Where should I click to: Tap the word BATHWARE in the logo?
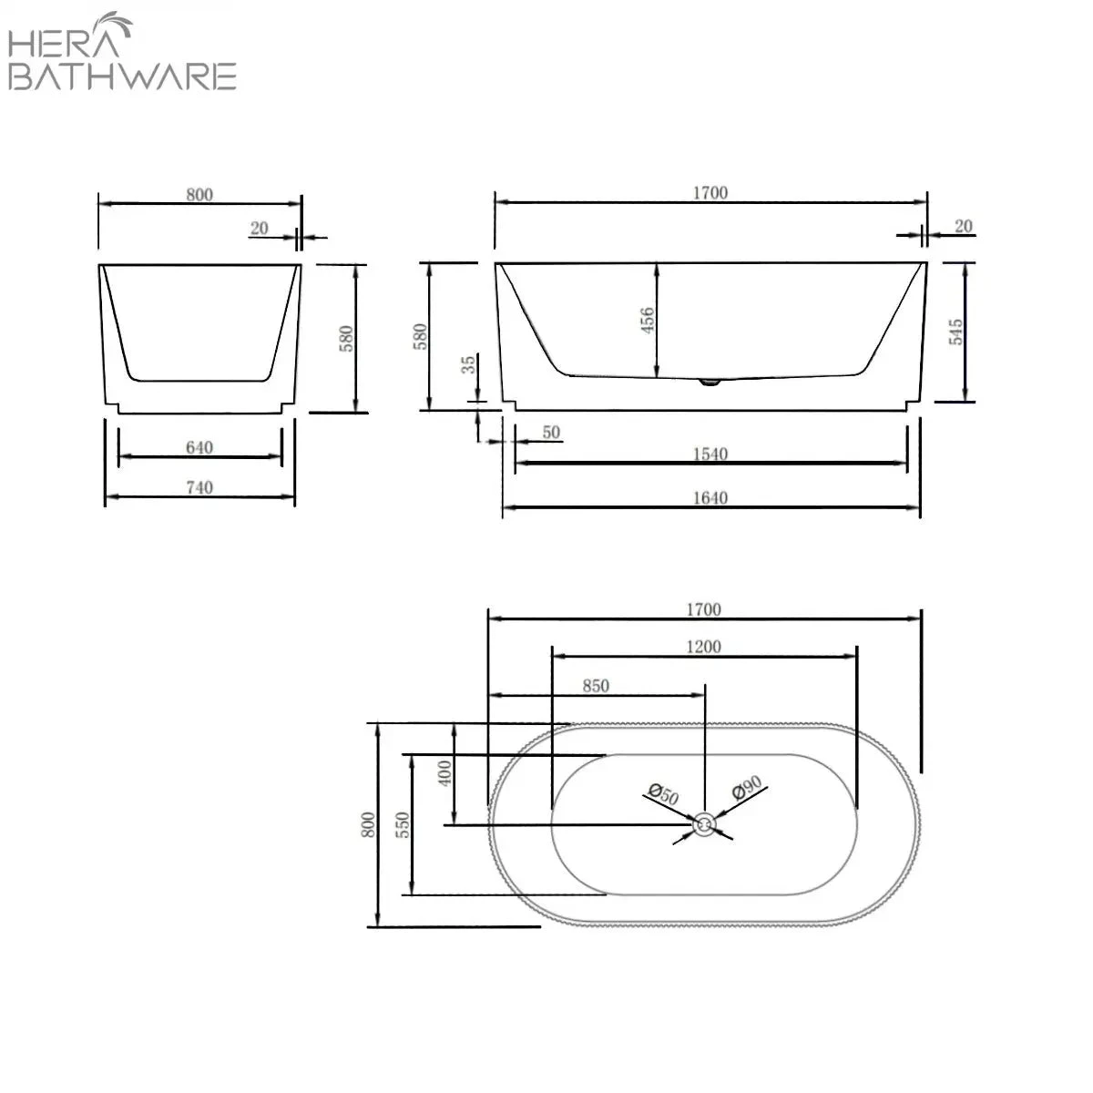[x=123, y=76]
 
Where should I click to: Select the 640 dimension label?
[x=199, y=447]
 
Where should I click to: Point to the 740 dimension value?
[x=199, y=488]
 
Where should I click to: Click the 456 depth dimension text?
[x=648, y=320]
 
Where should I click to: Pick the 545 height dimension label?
[x=955, y=332]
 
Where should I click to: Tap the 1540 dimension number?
[x=710, y=454]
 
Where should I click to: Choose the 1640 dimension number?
[x=710, y=497]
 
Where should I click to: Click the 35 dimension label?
[x=468, y=364]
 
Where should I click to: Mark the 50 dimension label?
[x=551, y=433]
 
